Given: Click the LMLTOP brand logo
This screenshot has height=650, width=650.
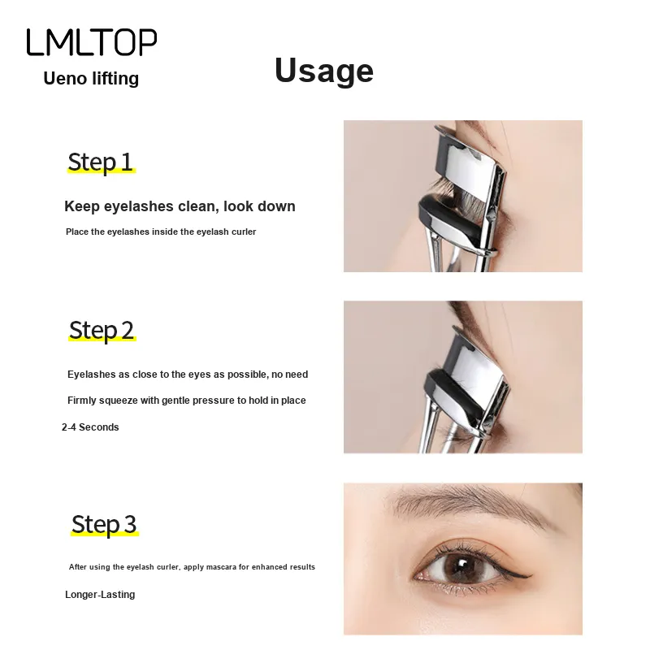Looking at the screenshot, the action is [x=92, y=42].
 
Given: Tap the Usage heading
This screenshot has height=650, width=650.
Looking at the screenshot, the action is [x=324, y=71].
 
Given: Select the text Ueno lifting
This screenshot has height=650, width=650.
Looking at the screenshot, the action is [x=91, y=78].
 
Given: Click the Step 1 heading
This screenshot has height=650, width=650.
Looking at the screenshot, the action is [x=100, y=162].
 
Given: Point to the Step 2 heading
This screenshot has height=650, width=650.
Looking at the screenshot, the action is [x=102, y=331].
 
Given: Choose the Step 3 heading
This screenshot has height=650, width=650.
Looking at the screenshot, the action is [x=104, y=524].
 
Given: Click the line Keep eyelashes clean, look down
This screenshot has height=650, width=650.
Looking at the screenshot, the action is [x=180, y=206].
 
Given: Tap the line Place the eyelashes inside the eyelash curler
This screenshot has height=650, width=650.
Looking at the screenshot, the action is [x=161, y=232].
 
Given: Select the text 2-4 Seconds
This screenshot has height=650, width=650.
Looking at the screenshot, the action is [x=90, y=427].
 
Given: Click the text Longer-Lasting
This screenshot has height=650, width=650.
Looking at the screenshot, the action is [x=100, y=595].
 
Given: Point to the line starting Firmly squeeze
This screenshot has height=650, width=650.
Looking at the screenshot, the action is [x=187, y=401].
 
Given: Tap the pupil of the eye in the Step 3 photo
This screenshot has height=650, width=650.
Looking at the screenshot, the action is [x=461, y=566].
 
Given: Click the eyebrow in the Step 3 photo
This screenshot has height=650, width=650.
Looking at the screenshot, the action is [x=469, y=504].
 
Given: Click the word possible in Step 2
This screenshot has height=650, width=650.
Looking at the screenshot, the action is [x=251, y=375].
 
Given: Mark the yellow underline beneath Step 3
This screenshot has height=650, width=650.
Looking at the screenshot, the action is [x=105, y=535].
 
